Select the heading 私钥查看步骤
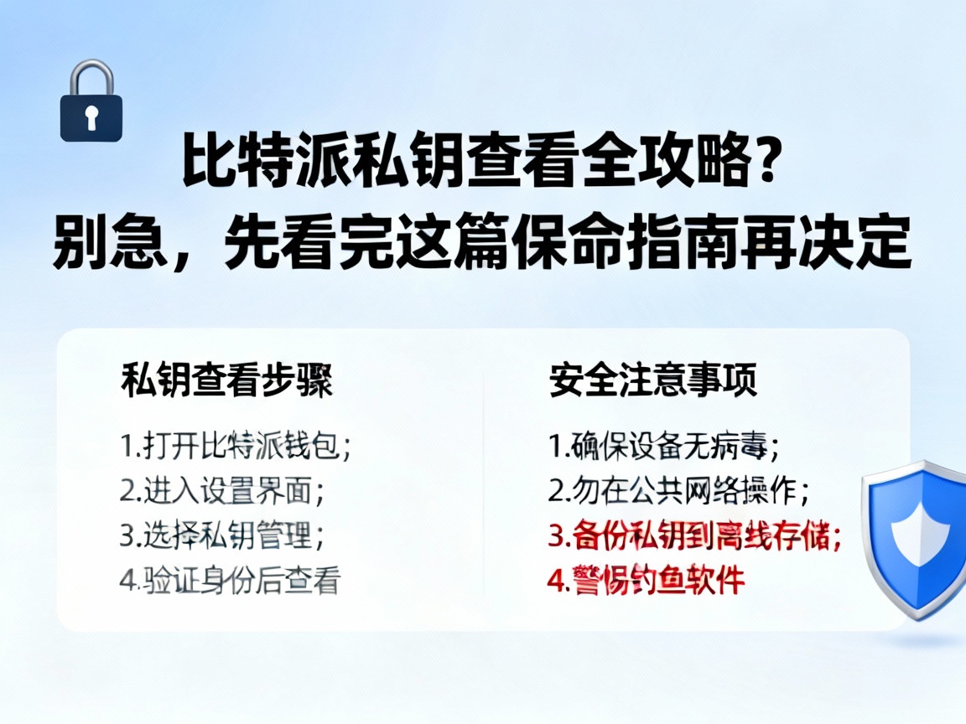226,380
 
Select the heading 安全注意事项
653,380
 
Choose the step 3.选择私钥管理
221,535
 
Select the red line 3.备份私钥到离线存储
695,535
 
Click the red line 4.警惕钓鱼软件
647,580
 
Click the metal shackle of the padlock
91,76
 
